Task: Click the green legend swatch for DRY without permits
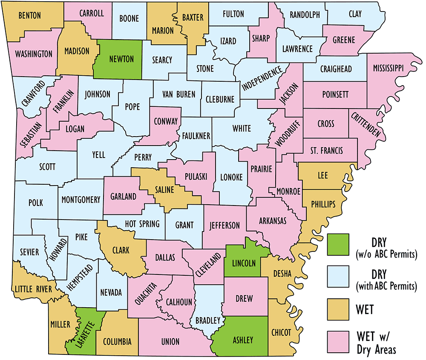click(x=338, y=246)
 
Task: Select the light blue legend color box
click(x=338, y=277)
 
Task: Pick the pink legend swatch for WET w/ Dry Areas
click(x=338, y=341)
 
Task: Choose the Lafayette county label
click(x=84, y=332)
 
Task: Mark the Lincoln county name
click(x=244, y=263)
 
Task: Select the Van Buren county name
click(x=179, y=94)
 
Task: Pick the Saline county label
click(x=164, y=190)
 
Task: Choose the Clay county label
click(x=355, y=14)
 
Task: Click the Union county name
click(x=171, y=342)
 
